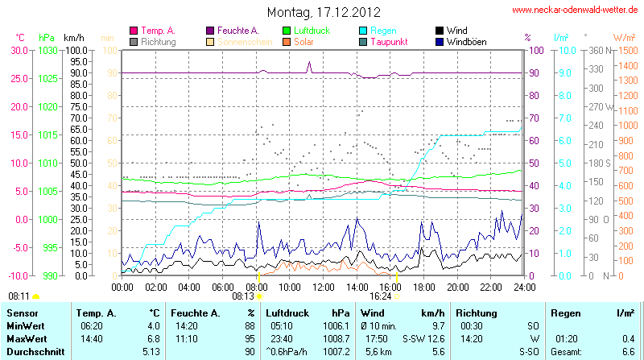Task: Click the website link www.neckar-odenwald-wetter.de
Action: click(x=576, y=10)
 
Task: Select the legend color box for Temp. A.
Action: click(x=134, y=31)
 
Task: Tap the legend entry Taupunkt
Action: click(x=389, y=41)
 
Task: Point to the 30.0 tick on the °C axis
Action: click(x=19, y=50)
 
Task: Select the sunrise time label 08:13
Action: click(x=243, y=296)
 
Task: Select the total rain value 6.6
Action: click(x=627, y=352)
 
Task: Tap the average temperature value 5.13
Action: click(x=150, y=352)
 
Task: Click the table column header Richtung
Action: click(x=477, y=312)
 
